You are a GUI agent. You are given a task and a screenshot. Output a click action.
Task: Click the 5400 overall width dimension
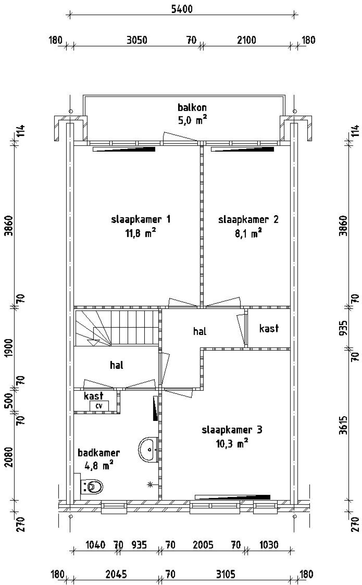click(182, 9)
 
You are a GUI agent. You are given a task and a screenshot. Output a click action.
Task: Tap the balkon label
click(192, 107)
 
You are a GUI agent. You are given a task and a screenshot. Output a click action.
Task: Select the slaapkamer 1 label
click(141, 220)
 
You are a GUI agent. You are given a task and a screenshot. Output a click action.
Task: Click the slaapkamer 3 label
click(232, 430)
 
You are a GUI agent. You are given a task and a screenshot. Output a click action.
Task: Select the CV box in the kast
click(99, 406)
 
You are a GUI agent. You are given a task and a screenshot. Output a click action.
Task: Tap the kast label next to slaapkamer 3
click(269, 328)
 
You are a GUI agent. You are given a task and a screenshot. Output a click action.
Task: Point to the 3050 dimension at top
click(137, 40)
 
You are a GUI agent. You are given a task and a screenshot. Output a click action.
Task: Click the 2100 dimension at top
click(247, 40)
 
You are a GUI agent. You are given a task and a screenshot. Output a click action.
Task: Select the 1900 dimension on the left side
click(9, 347)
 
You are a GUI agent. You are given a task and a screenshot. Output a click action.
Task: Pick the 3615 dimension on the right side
click(343, 425)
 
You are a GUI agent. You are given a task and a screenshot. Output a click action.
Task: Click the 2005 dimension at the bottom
click(203, 545)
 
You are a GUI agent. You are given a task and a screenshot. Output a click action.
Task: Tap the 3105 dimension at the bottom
click(225, 575)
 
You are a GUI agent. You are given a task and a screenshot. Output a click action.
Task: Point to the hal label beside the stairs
click(117, 365)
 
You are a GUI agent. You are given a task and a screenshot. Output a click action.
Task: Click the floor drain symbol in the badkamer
click(150, 485)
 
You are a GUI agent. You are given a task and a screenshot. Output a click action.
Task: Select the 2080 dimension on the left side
click(9, 457)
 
